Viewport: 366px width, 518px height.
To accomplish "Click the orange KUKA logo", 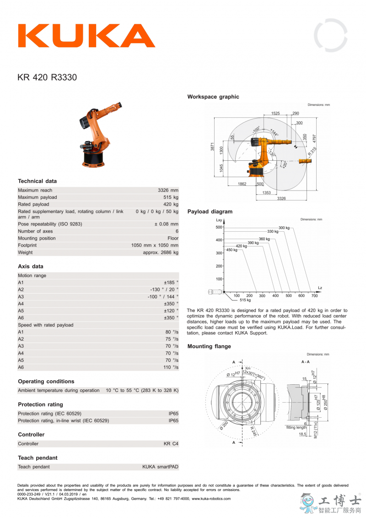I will click(86, 36).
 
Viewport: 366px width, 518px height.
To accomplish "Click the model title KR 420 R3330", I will click(47, 77).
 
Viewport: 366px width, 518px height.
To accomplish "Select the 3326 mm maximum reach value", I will click(168, 190).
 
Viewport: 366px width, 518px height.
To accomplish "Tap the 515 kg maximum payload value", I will click(171, 197).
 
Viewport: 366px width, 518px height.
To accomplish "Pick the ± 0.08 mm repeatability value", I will click(166, 224).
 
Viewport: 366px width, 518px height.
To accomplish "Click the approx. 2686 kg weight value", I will click(161, 252).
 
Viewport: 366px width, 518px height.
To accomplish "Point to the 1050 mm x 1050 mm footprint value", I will click(155, 245).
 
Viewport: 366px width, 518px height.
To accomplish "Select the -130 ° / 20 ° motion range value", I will click(164, 289).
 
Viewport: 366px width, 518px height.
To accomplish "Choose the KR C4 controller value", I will click(171, 444).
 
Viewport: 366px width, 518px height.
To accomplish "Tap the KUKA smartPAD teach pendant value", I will click(160, 467).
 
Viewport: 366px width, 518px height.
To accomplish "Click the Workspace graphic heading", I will click(213, 97).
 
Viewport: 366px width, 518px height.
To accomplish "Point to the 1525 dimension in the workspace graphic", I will click(275, 113).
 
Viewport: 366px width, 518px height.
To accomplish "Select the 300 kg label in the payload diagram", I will click(284, 228).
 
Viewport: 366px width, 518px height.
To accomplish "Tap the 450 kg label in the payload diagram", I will click(232, 250).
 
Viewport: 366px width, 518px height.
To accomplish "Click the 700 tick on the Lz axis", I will click(314, 296).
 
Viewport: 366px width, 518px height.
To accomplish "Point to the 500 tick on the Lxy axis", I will click(219, 227).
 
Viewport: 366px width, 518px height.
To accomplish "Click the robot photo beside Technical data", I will click(99, 135).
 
